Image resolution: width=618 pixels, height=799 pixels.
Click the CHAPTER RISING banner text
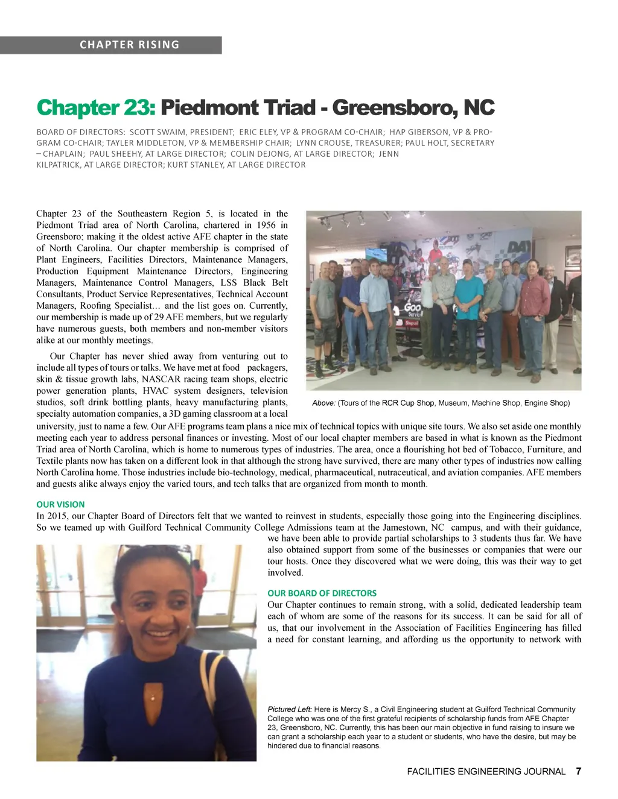[x=129, y=45]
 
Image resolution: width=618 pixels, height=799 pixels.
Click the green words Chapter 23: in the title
[x=96, y=108]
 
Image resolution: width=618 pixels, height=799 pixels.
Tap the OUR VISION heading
[x=60, y=504]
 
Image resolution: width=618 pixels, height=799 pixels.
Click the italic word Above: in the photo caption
[x=323, y=403]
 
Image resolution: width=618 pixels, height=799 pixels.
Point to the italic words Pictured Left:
[x=290, y=709]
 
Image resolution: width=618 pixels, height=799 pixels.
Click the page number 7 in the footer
[x=579, y=771]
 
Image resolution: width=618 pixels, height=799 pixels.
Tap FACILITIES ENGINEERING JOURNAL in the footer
[x=486, y=771]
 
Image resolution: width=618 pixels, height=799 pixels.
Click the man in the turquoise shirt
[x=468, y=314]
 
